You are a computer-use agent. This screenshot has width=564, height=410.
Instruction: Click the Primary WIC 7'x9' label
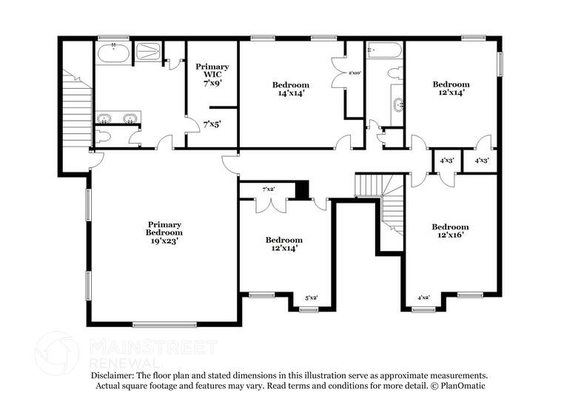point(212,74)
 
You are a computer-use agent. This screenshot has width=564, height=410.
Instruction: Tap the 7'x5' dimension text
point(212,124)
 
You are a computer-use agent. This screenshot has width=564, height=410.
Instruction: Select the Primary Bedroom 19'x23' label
point(164,232)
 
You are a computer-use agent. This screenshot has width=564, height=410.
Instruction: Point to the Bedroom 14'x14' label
point(290,89)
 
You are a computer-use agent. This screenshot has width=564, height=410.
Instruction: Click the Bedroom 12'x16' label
point(450,231)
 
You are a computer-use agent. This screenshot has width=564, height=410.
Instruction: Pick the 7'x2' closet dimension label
point(268,190)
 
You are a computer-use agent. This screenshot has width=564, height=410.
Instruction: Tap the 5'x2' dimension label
point(312,298)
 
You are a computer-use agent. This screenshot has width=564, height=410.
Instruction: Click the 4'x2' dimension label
point(424,298)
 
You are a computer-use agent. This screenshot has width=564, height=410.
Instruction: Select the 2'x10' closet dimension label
point(355,73)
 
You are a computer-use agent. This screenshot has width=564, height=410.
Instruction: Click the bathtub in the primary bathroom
point(113,53)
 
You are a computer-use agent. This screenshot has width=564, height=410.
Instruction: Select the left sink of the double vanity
point(105,118)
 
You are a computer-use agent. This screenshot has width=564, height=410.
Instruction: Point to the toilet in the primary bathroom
point(103,136)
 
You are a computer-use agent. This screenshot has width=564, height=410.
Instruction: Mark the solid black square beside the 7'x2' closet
point(301,190)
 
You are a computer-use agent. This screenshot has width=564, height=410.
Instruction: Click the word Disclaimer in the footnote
point(113,376)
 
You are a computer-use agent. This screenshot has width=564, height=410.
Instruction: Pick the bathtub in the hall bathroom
point(384,51)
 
